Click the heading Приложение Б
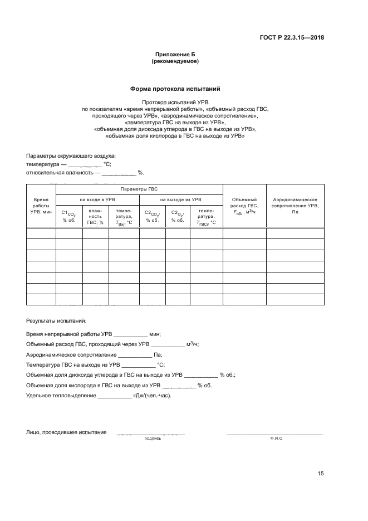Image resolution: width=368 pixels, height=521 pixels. (x=175, y=55)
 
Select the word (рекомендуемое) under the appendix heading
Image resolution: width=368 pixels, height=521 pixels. (x=175, y=61)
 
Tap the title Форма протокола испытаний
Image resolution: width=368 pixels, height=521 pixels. (x=175, y=89)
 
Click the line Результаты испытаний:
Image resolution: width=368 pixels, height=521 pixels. (x=56, y=321)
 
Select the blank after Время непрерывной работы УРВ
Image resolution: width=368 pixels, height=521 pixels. (x=130, y=334)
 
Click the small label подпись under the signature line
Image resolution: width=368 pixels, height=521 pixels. (x=152, y=439)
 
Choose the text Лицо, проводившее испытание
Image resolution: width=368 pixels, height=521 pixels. (x=66, y=432)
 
